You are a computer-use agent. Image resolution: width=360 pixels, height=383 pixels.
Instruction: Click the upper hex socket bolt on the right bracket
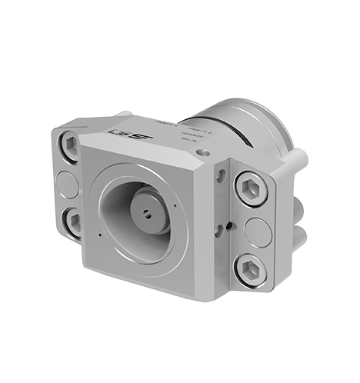point(252,188)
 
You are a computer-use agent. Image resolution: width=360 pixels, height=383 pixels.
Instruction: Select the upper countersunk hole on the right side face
point(221,178)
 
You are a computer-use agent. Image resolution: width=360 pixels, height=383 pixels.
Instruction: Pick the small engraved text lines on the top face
point(181,127)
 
